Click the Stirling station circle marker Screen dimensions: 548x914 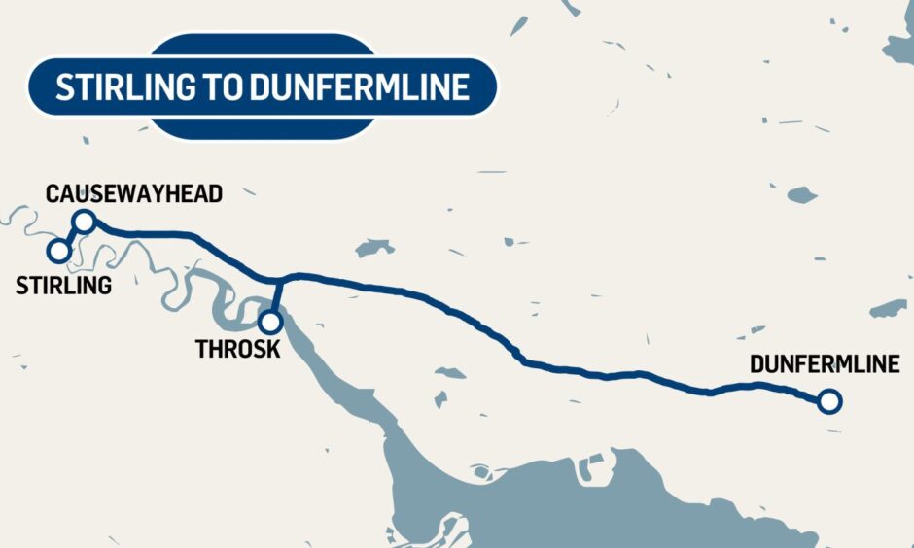click(x=59, y=251)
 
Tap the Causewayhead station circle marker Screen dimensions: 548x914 click(x=84, y=222)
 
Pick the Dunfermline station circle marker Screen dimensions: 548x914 click(x=828, y=400)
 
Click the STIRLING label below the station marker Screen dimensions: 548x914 click(x=63, y=285)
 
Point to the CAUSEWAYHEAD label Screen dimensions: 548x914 click(x=134, y=193)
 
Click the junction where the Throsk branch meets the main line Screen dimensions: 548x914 click(x=280, y=279)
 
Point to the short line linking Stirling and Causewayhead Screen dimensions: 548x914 click(x=71, y=236)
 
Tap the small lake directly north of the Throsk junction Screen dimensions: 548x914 click(x=373, y=248)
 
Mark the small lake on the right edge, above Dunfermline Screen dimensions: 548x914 click(x=889, y=309)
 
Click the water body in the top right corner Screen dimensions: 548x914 click(x=900, y=44)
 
